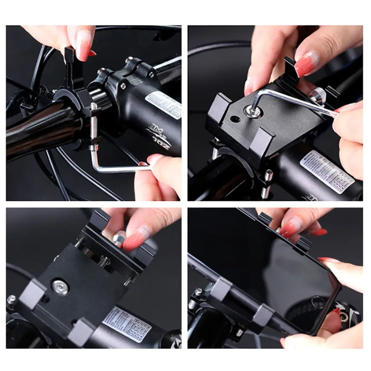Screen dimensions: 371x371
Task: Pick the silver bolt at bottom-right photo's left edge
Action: click(x=192, y=302)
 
